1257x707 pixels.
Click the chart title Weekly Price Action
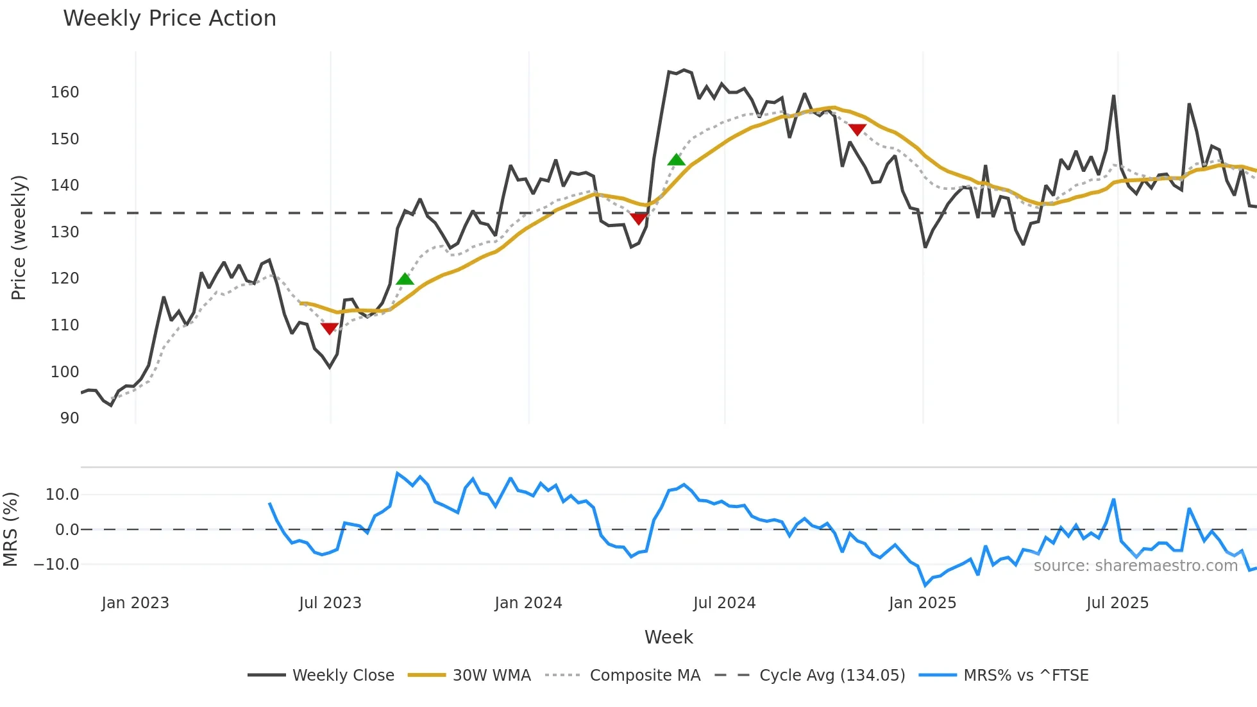169,19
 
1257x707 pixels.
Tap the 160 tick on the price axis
65,92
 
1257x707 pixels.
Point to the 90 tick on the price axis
69,418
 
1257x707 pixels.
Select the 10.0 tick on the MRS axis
62,495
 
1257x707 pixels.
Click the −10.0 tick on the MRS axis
57,565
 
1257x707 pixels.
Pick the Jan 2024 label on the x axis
528,603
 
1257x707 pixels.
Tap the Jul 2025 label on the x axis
1117,603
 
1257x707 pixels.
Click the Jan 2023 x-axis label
135,603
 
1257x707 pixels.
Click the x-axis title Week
668,637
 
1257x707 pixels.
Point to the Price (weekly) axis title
19,237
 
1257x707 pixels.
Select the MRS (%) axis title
10,529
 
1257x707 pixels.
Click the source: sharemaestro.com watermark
1135,566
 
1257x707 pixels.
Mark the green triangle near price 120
405,279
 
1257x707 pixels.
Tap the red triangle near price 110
329,328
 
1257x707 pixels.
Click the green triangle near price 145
676,160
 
